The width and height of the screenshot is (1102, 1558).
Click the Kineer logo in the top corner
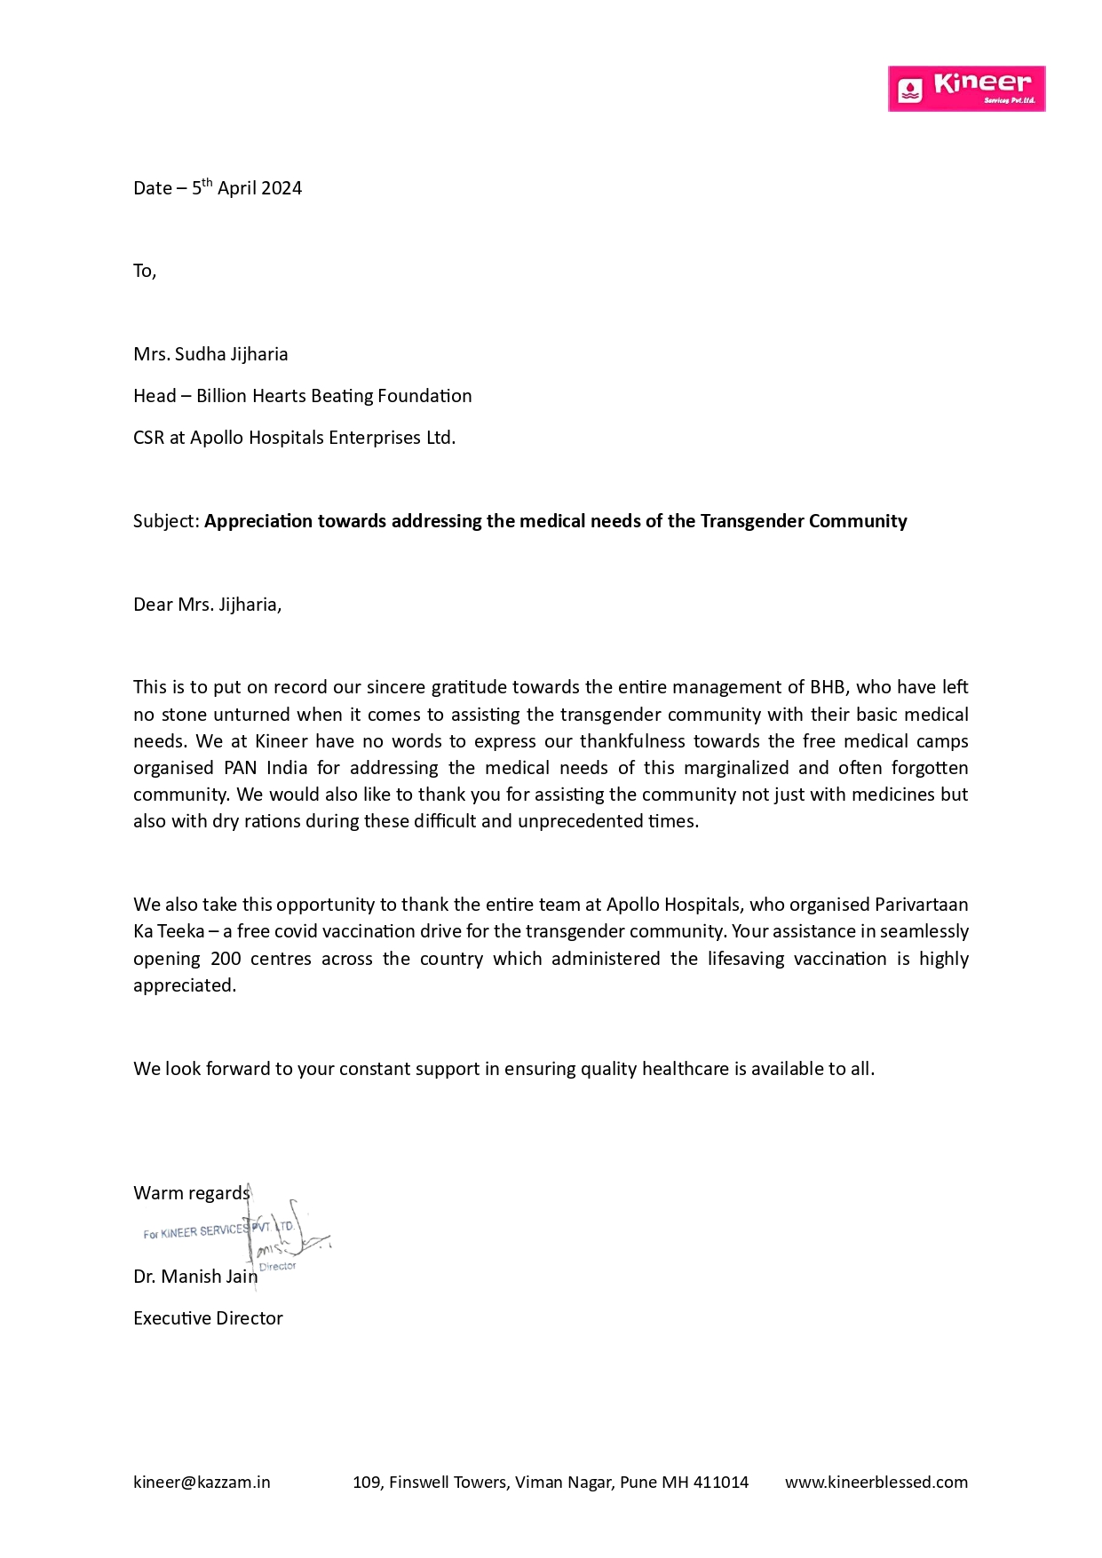(966, 89)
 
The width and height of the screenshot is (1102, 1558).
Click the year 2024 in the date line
(281, 188)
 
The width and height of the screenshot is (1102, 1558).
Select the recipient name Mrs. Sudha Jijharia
(210, 354)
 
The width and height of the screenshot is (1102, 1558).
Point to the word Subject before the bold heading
(165, 521)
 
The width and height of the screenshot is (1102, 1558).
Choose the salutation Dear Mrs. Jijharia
(207, 605)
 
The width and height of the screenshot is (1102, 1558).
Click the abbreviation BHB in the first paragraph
(827, 687)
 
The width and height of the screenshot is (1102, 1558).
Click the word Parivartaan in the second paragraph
(921, 905)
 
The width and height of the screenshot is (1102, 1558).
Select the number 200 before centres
(226, 959)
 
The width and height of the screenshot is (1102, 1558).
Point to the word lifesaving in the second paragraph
(745, 959)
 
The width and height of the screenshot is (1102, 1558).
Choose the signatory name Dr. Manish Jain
(195, 1277)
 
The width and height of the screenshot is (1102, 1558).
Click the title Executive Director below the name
(208, 1318)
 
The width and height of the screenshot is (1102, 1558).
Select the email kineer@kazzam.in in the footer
(202, 1482)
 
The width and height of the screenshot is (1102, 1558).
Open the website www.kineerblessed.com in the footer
(876, 1482)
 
